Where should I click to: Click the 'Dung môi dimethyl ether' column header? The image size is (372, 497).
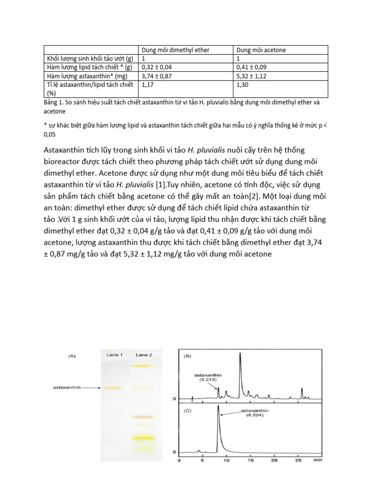click(175, 50)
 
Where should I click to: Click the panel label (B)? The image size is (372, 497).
click(186, 356)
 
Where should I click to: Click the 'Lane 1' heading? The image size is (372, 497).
click(114, 355)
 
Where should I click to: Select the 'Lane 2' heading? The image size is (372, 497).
click(144, 355)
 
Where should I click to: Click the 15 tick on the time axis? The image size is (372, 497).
click(250, 460)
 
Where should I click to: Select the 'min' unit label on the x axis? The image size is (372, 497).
click(318, 460)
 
